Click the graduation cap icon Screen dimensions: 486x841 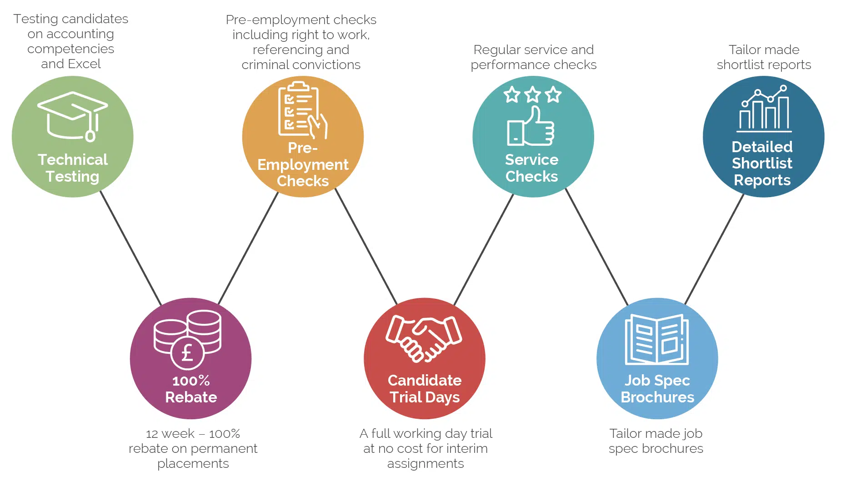pos(73,116)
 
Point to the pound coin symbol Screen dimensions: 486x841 pos(187,353)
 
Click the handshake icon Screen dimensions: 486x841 pos(424,339)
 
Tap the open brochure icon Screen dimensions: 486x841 pos(657,340)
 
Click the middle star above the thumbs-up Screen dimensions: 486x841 pos(532,95)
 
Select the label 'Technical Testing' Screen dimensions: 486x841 pos(73,168)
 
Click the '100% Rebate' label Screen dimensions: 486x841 pos(191,389)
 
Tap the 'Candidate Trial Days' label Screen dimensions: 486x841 pos(425,389)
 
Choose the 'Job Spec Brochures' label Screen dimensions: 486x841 pos(657,389)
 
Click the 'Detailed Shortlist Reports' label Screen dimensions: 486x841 pos(762,164)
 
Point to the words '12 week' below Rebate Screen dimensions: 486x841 pos(170,434)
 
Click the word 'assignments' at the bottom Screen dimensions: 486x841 pos(426,464)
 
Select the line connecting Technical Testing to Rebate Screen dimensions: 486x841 pos(131,248)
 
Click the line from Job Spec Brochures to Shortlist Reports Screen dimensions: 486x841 pos(715,248)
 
